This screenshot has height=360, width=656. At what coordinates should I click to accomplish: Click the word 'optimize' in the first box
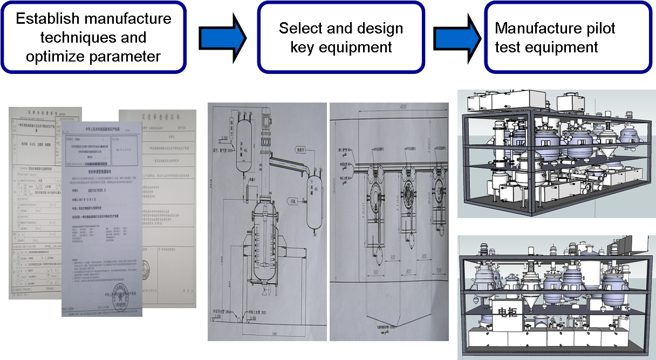click(48, 56)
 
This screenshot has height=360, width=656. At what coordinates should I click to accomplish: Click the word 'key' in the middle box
click(304, 47)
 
